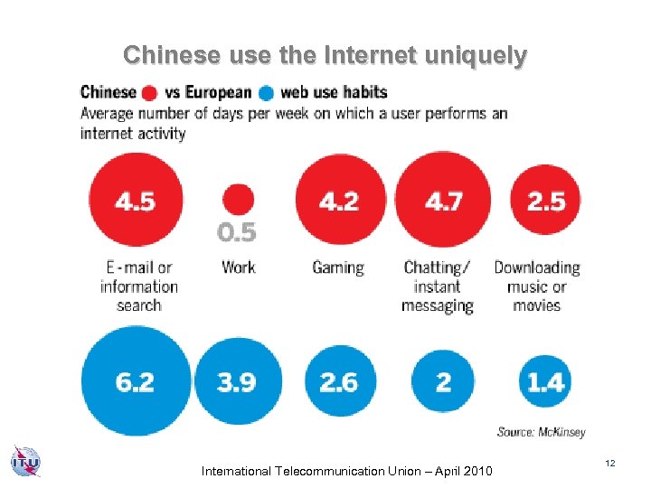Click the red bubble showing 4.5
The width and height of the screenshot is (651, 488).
pyautogui.click(x=136, y=201)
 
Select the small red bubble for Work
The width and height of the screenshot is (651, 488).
pyautogui.click(x=238, y=200)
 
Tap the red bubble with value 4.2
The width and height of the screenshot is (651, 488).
pyautogui.click(x=338, y=201)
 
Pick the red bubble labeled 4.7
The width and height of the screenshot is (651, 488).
pyautogui.click(x=443, y=201)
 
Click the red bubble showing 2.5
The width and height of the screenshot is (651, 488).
pyautogui.click(x=546, y=201)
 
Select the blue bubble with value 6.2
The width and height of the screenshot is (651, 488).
pyautogui.click(x=137, y=381)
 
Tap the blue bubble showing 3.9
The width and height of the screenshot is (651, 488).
pyautogui.click(x=238, y=381)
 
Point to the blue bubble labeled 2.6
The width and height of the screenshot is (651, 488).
pyautogui.click(x=338, y=381)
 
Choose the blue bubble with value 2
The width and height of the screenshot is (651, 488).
pyautogui.click(x=443, y=381)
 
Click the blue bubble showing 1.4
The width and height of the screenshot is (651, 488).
pyautogui.click(x=546, y=381)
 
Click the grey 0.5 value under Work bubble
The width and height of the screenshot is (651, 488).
pyautogui.click(x=237, y=233)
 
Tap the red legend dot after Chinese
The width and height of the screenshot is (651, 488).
pyautogui.click(x=148, y=93)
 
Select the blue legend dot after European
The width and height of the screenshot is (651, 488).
pyautogui.click(x=266, y=93)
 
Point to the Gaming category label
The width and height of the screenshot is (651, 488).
pyautogui.click(x=338, y=267)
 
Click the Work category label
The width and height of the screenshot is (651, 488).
pyautogui.click(x=238, y=267)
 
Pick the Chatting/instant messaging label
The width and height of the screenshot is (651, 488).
pyautogui.click(x=438, y=286)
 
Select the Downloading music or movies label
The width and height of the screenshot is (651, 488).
pyautogui.click(x=537, y=286)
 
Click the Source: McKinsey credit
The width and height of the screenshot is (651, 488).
pyautogui.click(x=539, y=433)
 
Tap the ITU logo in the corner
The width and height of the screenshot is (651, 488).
pyautogui.click(x=26, y=461)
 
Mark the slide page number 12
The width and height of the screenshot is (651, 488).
pyautogui.click(x=610, y=464)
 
